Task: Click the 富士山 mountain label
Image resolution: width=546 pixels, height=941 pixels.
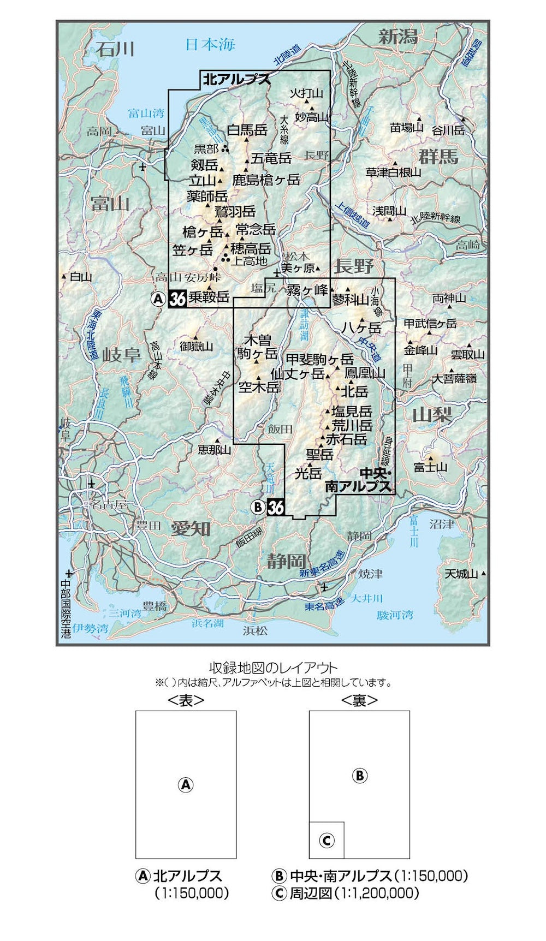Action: click(x=430, y=467)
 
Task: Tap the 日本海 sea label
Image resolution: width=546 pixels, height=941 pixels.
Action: click(x=210, y=44)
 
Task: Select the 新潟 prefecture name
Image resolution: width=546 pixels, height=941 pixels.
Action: click(x=399, y=37)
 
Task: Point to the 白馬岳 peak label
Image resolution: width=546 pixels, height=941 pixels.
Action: click(x=247, y=130)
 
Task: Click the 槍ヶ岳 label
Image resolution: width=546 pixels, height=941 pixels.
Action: click(x=203, y=232)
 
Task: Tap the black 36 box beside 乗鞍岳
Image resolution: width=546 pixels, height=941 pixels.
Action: click(x=178, y=299)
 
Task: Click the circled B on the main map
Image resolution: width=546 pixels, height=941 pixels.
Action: click(x=258, y=507)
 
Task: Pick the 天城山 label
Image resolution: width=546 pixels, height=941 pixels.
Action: click(x=461, y=574)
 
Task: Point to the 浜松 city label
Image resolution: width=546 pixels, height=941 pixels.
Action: click(x=255, y=630)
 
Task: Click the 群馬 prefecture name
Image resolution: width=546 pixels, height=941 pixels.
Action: click(x=438, y=157)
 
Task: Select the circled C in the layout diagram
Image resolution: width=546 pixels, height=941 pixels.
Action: click(x=327, y=841)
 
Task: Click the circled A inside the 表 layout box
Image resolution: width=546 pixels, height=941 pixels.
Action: click(x=186, y=785)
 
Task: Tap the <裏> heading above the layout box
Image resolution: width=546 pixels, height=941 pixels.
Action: click(x=359, y=700)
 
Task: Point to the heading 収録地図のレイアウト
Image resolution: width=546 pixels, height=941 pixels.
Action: click(x=274, y=668)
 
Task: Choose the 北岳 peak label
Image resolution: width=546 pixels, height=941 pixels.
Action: click(x=355, y=391)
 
